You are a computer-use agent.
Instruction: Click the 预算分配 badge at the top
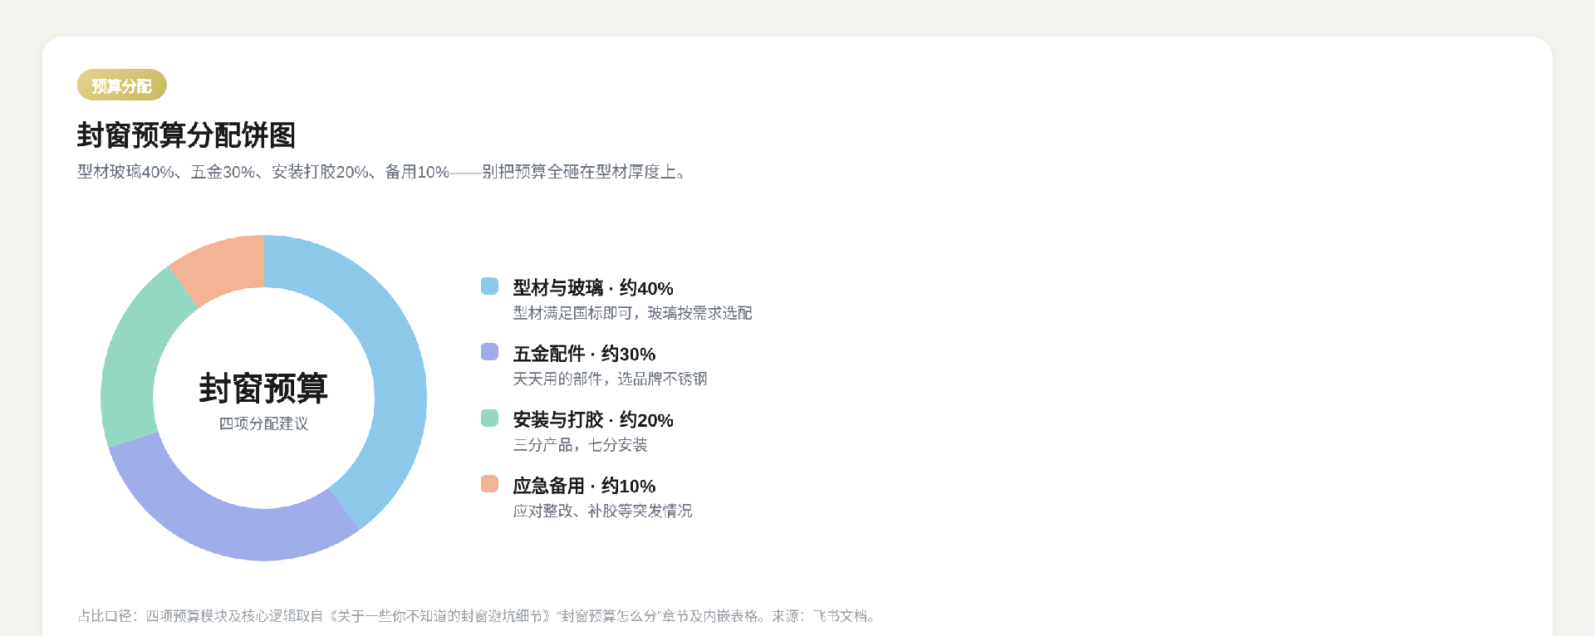pos(122,85)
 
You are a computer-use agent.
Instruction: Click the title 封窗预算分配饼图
pos(186,135)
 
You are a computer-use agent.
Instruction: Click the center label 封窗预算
pos(263,388)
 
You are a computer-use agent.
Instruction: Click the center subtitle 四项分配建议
pos(263,423)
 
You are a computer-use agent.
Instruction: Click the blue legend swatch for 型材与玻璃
pos(489,286)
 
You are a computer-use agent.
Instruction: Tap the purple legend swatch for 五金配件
pos(489,352)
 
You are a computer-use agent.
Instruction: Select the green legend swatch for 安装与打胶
pos(489,418)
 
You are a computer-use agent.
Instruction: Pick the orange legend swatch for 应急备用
pos(489,484)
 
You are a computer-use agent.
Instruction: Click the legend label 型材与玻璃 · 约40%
pos(593,288)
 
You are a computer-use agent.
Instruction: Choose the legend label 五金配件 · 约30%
pos(584,354)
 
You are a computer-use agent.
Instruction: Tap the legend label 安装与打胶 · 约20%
pos(593,420)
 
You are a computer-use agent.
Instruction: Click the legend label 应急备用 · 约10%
pos(584,486)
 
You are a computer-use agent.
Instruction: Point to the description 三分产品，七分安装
pos(580,445)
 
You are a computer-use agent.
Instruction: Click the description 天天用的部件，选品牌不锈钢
pos(610,379)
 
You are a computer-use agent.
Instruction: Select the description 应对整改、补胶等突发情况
pos(602,511)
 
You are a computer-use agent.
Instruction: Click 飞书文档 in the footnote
pos(840,616)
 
